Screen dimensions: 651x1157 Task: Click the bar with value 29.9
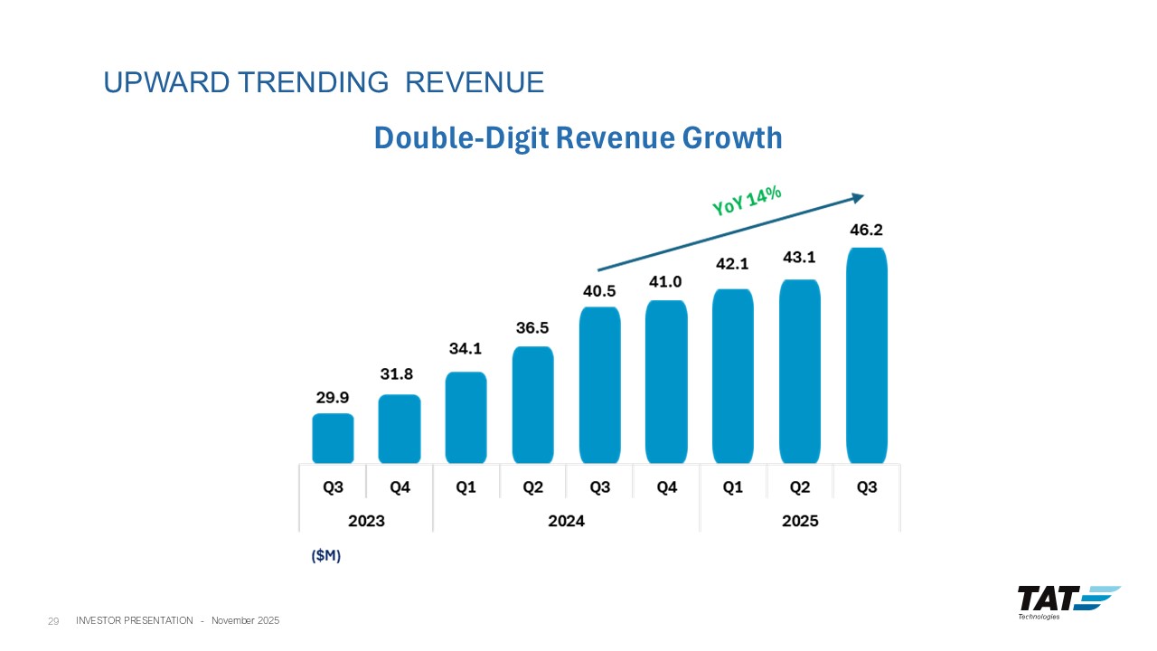[333, 439]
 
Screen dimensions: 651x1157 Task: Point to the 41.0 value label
[665, 281]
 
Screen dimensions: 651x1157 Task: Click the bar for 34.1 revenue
[466, 418]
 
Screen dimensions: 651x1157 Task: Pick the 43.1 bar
[799, 372]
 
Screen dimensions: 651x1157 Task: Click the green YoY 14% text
[747, 202]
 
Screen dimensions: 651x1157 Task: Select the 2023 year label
[366, 521]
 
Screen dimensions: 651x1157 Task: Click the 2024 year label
[566, 521]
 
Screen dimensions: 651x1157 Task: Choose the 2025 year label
[799, 521]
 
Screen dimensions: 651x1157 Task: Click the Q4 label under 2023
[400, 487]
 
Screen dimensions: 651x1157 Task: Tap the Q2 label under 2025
[799, 487]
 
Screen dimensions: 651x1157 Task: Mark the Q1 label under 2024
[466, 487]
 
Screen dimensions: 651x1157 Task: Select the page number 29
[53, 621]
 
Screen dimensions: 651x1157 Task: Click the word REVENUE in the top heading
[475, 83]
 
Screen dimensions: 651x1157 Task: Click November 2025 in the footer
[246, 620]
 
